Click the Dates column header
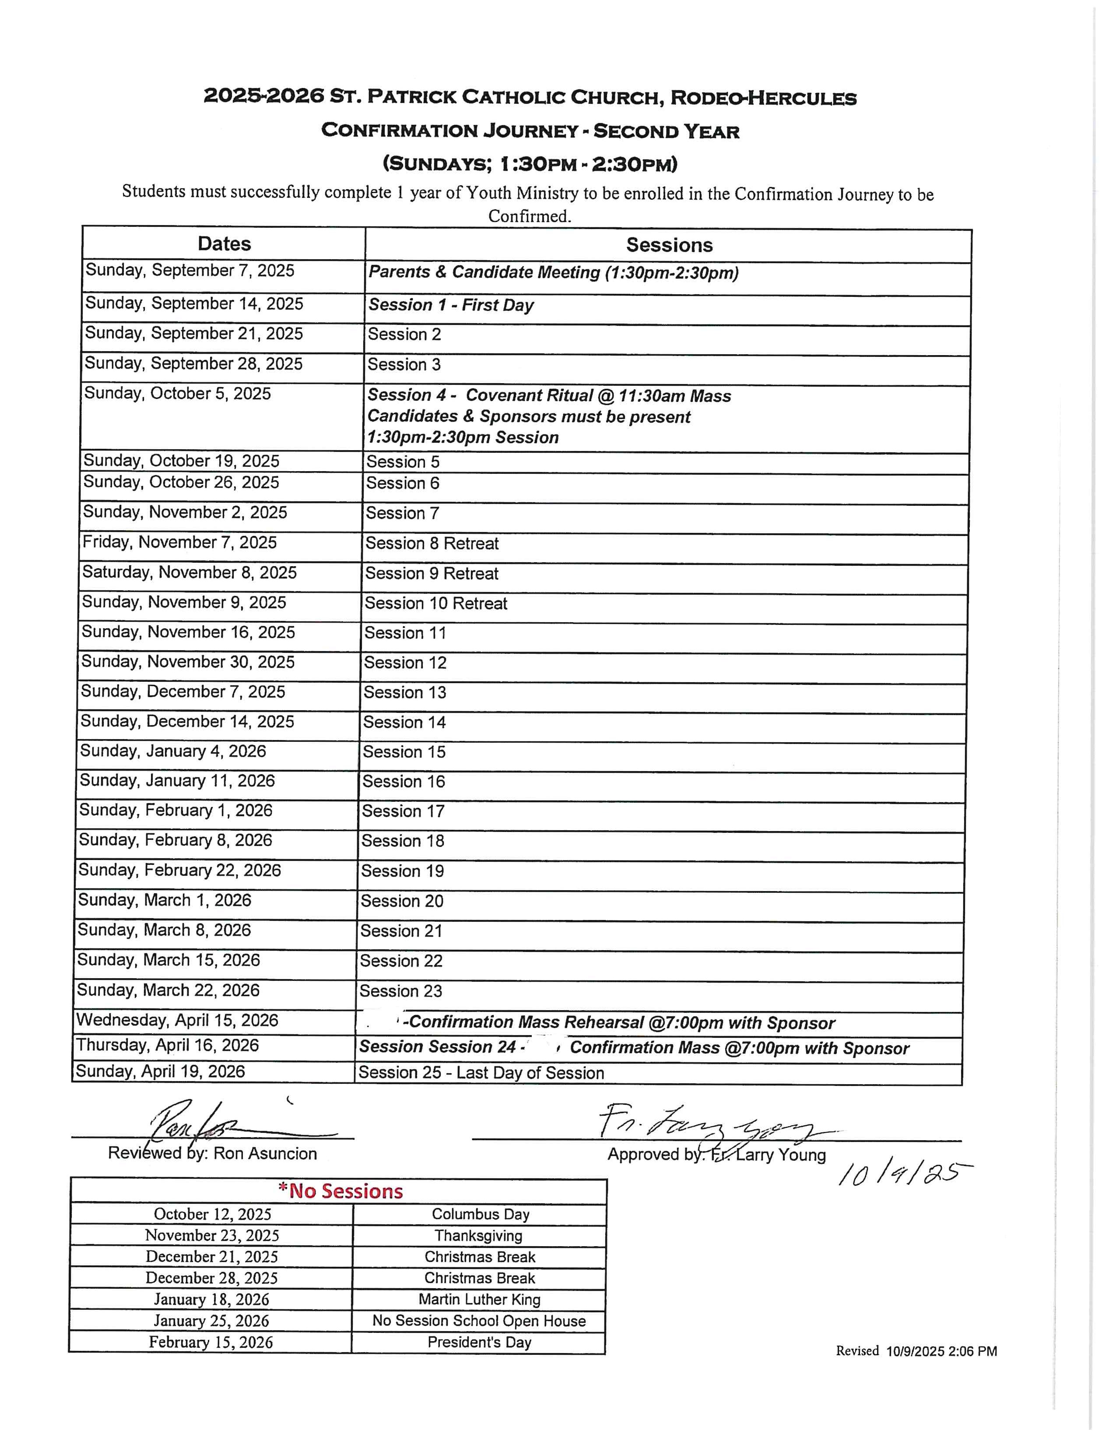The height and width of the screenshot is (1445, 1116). (224, 244)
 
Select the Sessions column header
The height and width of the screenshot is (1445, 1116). (669, 246)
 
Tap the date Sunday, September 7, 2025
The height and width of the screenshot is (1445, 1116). (190, 271)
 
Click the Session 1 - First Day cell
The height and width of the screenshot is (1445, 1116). (451, 305)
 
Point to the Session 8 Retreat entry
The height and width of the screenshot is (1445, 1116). (432, 543)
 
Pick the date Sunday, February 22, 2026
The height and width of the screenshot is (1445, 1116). (179, 870)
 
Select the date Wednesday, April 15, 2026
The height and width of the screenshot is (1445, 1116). (177, 1020)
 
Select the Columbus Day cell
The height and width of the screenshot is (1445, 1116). (480, 1214)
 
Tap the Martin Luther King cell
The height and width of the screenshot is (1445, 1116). (479, 1300)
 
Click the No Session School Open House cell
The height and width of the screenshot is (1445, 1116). (479, 1321)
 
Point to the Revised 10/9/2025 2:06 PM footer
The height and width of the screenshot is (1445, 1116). (916, 1351)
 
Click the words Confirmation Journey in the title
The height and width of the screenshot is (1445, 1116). (449, 130)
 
